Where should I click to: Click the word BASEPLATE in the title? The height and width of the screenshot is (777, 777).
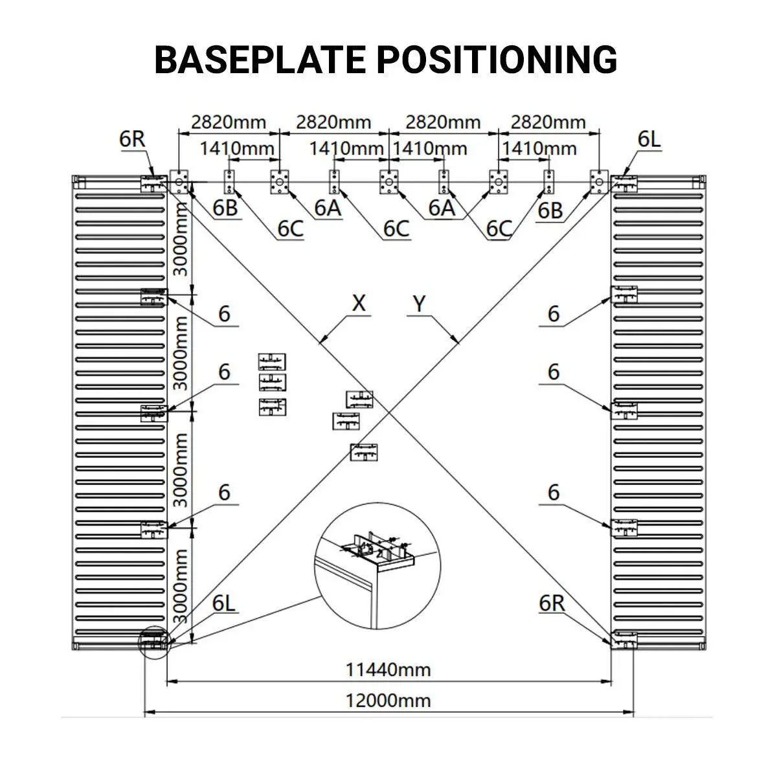[260, 60]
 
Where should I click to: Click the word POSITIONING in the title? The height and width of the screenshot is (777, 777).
[497, 60]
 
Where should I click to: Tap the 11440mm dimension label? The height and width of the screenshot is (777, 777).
[388, 669]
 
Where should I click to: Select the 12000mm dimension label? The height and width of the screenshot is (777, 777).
[388, 700]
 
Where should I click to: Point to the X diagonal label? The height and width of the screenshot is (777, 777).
[359, 302]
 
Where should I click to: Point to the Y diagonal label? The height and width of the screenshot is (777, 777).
[420, 302]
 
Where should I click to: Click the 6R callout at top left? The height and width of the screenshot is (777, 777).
[132, 139]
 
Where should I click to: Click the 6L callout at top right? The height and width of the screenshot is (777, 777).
[649, 139]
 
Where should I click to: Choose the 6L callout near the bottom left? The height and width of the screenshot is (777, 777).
[224, 603]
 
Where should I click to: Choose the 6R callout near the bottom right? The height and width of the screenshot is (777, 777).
[552, 603]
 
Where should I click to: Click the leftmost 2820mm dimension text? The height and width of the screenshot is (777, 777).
[229, 122]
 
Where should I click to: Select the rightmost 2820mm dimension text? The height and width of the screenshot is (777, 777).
[548, 122]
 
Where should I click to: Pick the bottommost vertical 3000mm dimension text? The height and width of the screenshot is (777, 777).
[181, 586]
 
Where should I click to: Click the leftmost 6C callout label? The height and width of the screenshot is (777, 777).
[290, 228]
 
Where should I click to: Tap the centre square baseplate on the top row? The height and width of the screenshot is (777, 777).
[388, 182]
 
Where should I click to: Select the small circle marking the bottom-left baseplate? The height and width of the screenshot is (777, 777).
[154, 642]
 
